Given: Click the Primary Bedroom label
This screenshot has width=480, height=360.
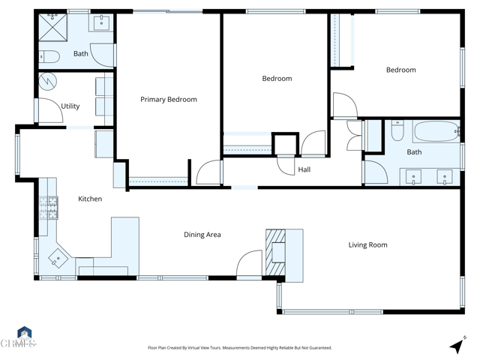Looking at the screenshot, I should point(169,99).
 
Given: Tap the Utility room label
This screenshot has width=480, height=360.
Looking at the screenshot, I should point(70,106).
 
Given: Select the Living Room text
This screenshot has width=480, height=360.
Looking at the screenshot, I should point(367,244).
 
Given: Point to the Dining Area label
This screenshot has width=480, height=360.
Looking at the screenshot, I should point(202,235).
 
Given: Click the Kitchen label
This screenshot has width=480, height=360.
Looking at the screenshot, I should point(90,199).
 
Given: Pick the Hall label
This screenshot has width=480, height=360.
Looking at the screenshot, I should point(304,169).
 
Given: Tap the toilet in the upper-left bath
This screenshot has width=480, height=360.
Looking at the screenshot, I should point(49,55).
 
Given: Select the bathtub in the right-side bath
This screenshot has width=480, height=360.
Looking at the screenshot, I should point(435,133).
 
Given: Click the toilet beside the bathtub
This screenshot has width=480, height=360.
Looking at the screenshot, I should point(397,131).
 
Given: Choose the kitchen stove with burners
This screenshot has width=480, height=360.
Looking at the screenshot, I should point(49,207).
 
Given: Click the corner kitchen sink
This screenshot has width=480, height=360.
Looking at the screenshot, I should point(57,259).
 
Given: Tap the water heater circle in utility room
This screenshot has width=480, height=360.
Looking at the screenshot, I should point(47,79).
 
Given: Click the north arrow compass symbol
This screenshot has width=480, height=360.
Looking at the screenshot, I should point(457,346).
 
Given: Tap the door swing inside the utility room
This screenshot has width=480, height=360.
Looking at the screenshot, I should point(49,111).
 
